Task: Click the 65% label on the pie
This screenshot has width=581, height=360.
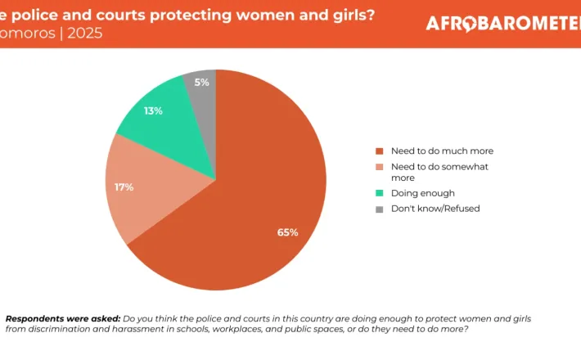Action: click(287, 232)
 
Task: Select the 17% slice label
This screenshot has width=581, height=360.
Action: click(124, 187)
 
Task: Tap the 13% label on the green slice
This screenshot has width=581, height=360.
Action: click(153, 110)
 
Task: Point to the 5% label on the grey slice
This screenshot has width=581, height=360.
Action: click(202, 83)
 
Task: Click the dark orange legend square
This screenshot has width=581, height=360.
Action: click(379, 151)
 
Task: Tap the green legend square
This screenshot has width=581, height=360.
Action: click(379, 194)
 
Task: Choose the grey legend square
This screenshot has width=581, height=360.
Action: click(379, 209)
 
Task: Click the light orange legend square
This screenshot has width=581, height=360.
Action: click(379, 167)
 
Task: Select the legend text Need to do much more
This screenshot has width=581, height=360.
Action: click(442, 151)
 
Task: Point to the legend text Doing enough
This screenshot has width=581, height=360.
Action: click(422, 194)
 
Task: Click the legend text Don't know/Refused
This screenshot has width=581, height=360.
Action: click(435, 209)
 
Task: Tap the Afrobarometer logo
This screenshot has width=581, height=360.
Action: click(501, 24)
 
